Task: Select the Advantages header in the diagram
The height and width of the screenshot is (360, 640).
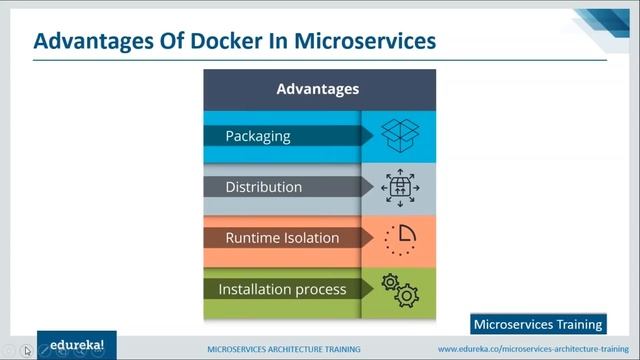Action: click(x=317, y=89)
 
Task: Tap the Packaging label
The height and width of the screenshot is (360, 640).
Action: click(x=257, y=135)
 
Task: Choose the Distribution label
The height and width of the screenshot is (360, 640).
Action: click(x=263, y=187)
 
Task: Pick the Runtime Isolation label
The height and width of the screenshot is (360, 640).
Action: click(x=282, y=238)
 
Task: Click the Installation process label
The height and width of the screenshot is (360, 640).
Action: click(x=282, y=289)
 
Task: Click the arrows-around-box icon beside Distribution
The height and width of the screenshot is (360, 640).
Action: click(x=399, y=186)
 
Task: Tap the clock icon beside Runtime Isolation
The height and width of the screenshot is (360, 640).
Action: click(x=399, y=238)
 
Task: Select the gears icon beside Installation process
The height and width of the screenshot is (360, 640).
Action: click(x=400, y=289)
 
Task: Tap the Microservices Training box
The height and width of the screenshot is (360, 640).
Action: click(x=538, y=324)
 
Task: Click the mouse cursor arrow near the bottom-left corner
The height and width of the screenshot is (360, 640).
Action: click(x=27, y=350)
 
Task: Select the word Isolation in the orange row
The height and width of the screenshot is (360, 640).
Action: click(x=312, y=238)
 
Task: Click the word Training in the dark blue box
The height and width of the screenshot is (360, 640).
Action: click(x=580, y=324)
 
